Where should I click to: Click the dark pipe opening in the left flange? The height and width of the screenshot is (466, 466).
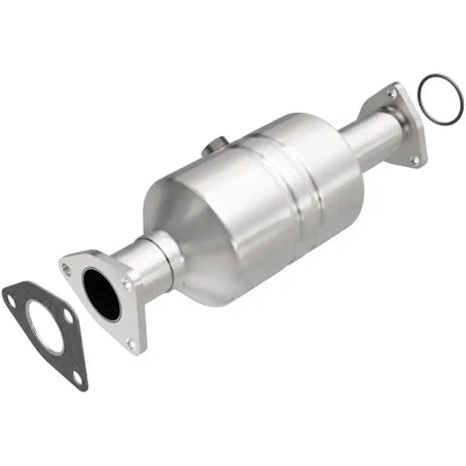101,294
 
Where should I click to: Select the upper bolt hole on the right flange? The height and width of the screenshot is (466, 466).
392,94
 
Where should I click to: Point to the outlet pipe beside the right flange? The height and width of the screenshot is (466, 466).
374,136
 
